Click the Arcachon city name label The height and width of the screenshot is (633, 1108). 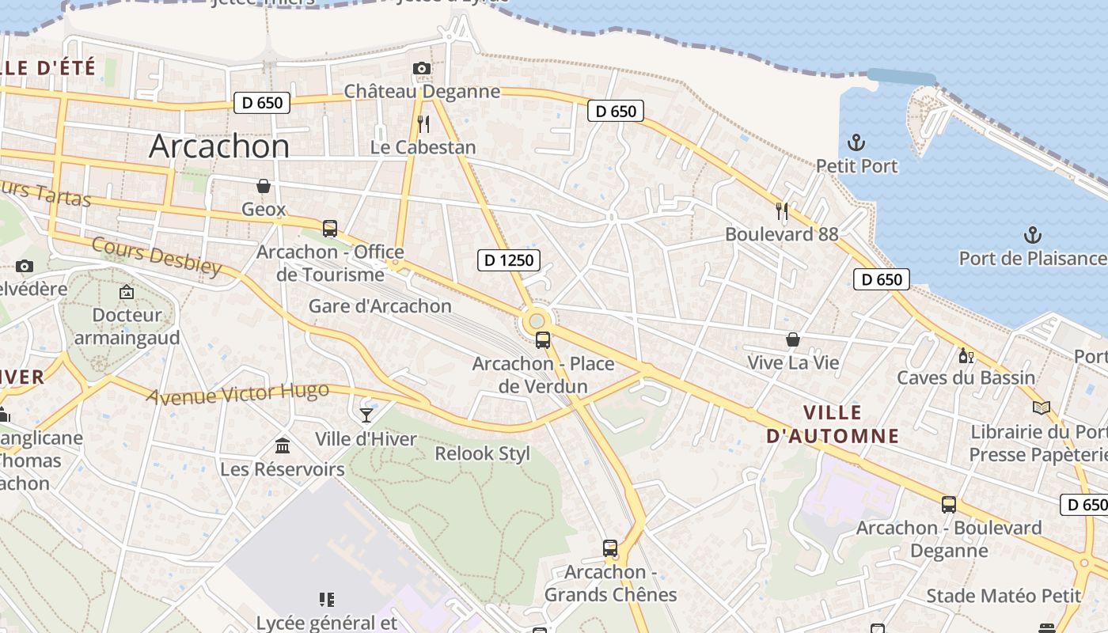point(219,146)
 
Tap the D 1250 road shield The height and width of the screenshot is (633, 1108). point(509,260)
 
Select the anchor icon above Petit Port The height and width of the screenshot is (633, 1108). point(856,143)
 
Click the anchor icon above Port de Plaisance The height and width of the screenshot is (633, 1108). point(1032,235)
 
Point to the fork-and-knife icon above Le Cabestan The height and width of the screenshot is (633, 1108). point(423,124)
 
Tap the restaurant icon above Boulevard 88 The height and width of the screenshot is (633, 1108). point(782,211)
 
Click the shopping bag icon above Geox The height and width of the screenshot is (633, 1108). point(264,186)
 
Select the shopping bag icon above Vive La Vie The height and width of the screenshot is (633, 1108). point(792,339)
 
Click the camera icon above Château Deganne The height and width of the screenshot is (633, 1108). point(422,69)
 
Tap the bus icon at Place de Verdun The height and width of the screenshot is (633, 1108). point(543,340)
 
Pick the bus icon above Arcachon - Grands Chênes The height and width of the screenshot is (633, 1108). point(610,548)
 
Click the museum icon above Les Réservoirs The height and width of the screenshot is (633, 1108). point(283,446)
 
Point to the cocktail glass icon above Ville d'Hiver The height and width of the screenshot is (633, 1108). point(366,415)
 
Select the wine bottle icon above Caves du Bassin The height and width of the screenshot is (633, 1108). point(966,355)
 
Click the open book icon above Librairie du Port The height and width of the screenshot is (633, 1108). point(1042,408)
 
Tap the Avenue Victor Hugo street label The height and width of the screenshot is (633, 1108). point(237,392)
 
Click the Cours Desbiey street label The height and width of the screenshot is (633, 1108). point(157,256)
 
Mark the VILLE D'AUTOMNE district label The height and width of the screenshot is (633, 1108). point(833,424)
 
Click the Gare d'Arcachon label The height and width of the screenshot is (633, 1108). point(380,306)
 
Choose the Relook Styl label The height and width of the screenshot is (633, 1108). point(483,454)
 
